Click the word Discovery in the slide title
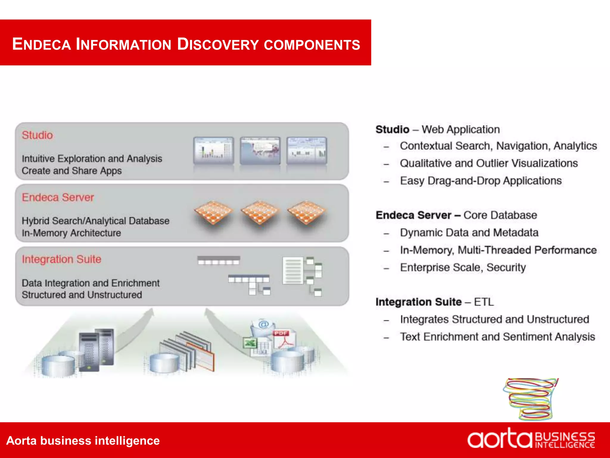(x=218, y=44)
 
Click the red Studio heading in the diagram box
(x=37, y=135)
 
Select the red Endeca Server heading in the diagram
(x=58, y=197)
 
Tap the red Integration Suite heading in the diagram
(x=61, y=259)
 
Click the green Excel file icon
(x=250, y=343)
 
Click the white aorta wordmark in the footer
(x=499, y=439)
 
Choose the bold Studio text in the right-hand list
(x=392, y=129)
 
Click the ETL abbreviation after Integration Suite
(x=484, y=302)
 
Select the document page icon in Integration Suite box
(x=292, y=270)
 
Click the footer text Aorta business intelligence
(x=83, y=440)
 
